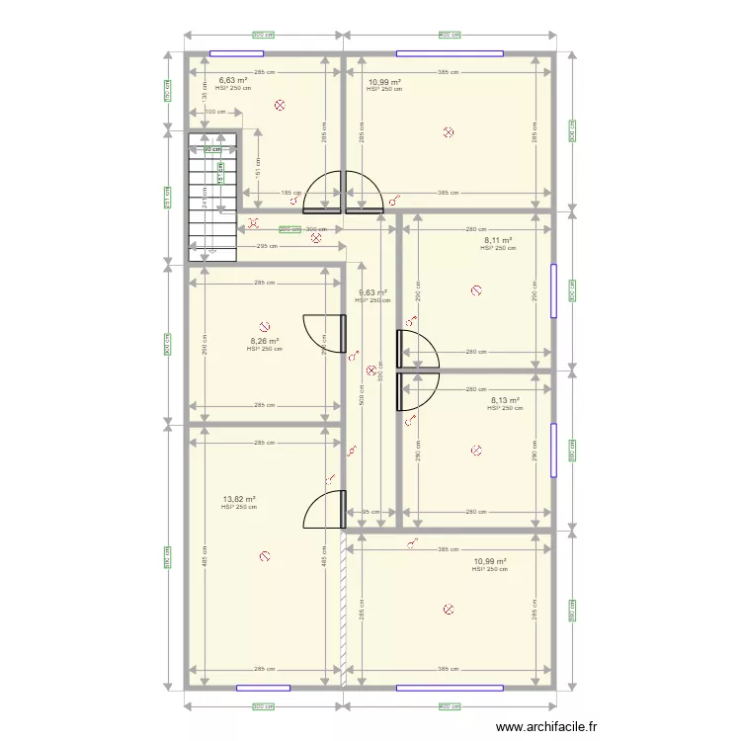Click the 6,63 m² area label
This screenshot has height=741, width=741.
(x=232, y=80)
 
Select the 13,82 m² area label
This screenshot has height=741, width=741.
(x=239, y=500)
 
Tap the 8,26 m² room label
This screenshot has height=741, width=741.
(x=264, y=341)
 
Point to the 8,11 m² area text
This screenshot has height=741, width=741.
(x=498, y=240)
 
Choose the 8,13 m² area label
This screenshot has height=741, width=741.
(x=504, y=400)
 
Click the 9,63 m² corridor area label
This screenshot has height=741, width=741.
(x=372, y=292)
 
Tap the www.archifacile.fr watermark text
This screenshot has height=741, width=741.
(x=546, y=726)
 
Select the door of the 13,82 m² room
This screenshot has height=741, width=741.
(x=324, y=510)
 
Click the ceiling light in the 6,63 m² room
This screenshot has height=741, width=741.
(x=280, y=105)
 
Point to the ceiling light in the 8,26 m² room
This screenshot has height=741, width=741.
(x=264, y=325)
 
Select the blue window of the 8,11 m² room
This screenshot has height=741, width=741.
(x=554, y=290)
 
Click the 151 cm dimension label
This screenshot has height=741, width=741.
(x=258, y=170)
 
